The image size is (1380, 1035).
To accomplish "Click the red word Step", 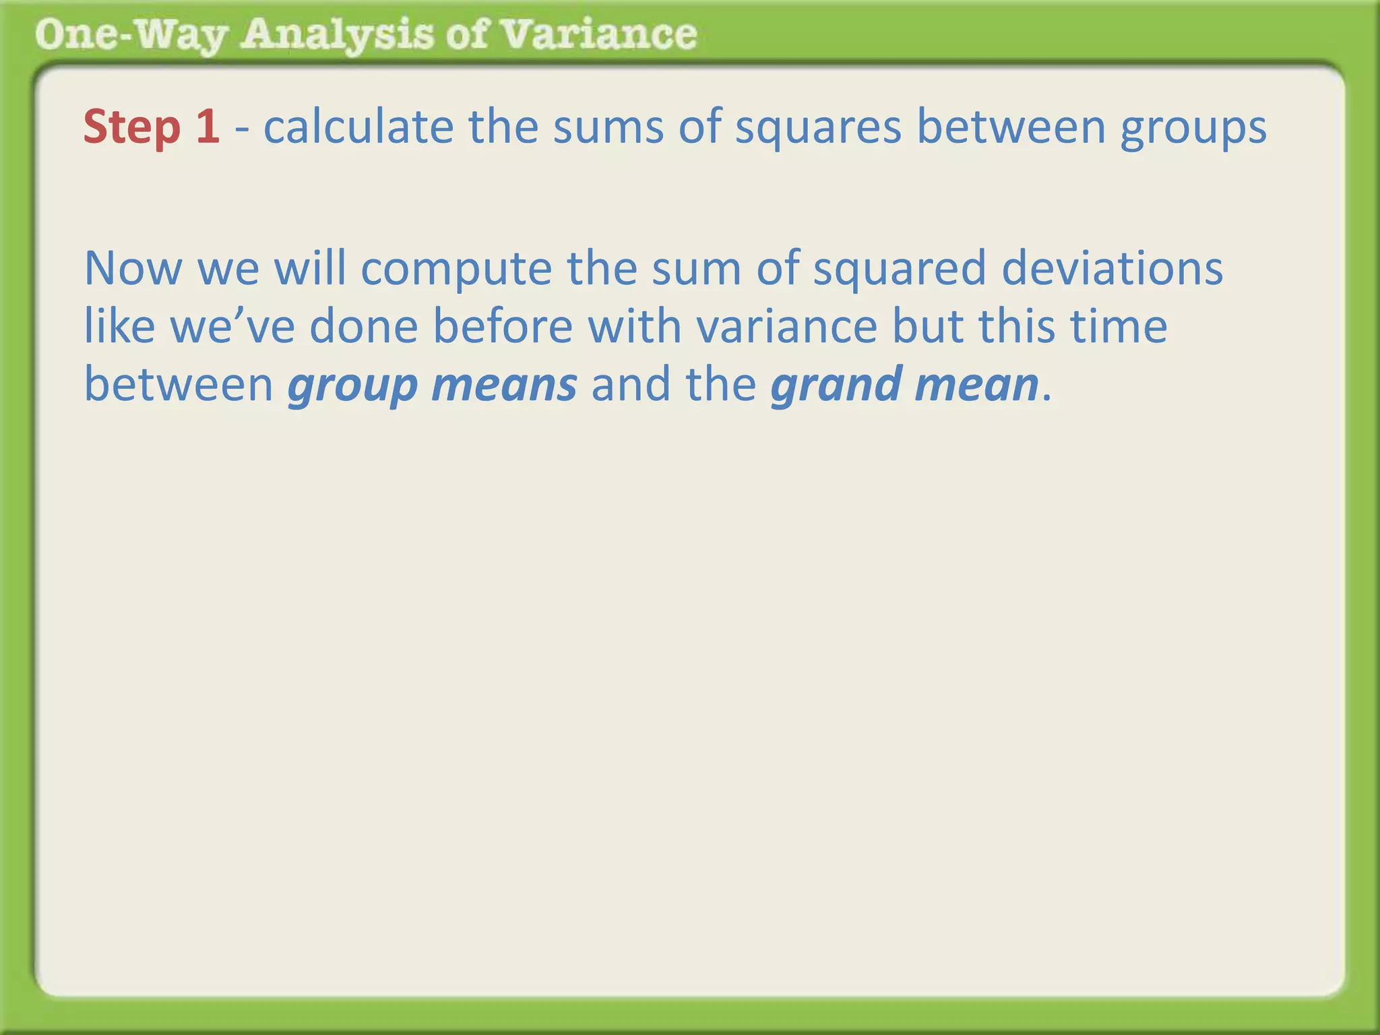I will (132, 127).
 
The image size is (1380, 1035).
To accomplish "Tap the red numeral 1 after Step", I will (208, 127).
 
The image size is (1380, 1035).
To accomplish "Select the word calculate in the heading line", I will (358, 127).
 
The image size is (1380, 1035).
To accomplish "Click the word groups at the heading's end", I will (1193, 128).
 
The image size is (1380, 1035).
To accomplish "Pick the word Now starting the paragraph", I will (133, 268).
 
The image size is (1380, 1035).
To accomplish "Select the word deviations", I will (1112, 268).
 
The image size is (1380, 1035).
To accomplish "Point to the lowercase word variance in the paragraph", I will (786, 326).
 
